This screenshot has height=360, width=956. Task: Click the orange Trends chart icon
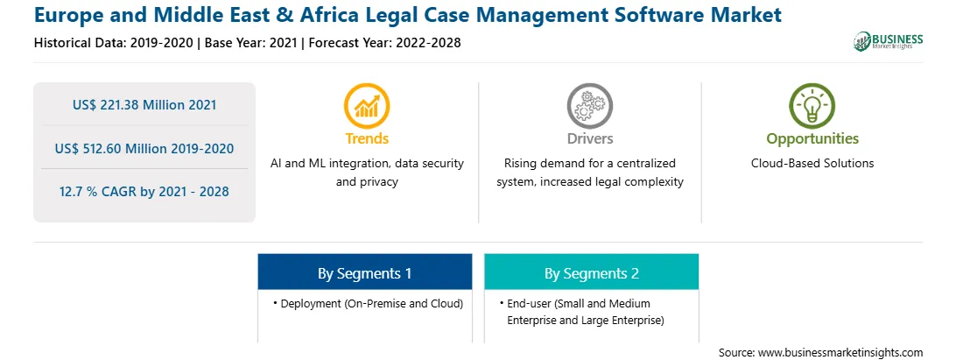(x=367, y=105)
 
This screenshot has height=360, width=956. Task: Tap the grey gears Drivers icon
(x=589, y=105)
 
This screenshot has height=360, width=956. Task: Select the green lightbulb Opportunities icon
(x=812, y=105)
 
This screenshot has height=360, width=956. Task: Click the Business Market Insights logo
(x=888, y=41)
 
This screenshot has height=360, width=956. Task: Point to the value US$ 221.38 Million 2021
(x=144, y=105)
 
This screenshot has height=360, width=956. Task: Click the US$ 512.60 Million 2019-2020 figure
(x=144, y=148)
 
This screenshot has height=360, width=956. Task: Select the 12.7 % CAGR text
(x=144, y=192)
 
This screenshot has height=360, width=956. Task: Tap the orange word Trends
(x=367, y=138)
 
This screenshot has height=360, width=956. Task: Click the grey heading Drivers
(x=589, y=138)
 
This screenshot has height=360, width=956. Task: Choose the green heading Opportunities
(x=812, y=139)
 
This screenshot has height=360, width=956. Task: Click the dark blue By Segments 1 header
(x=364, y=272)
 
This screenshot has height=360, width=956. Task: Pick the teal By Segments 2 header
(x=592, y=272)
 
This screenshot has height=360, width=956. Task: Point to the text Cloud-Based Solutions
(x=812, y=164)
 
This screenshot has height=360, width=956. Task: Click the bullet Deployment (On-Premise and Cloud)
(x=369, y=303)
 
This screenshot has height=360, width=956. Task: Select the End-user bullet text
(x=581, y=312)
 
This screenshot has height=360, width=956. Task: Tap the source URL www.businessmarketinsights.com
(x=840, y=353)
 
